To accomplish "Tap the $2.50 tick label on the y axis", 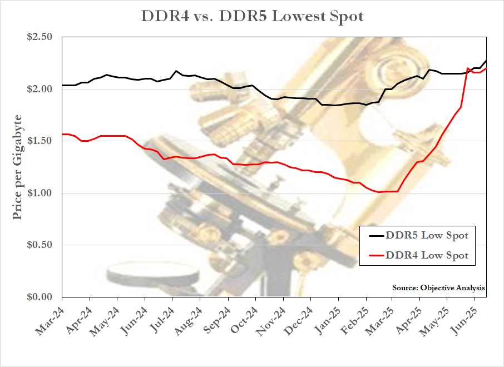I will pos(39,37).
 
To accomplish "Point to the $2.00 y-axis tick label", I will pos(39,89).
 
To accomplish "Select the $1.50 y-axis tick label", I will pos(39,141).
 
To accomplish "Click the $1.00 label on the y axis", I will pos(39,193).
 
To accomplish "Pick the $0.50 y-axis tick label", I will pos(39,245).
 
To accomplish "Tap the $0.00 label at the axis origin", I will pos(39,297).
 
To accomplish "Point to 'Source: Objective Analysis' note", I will pos(438,288).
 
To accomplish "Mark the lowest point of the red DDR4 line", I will pos(379,192).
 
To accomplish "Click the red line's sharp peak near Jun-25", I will pos(468,68).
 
